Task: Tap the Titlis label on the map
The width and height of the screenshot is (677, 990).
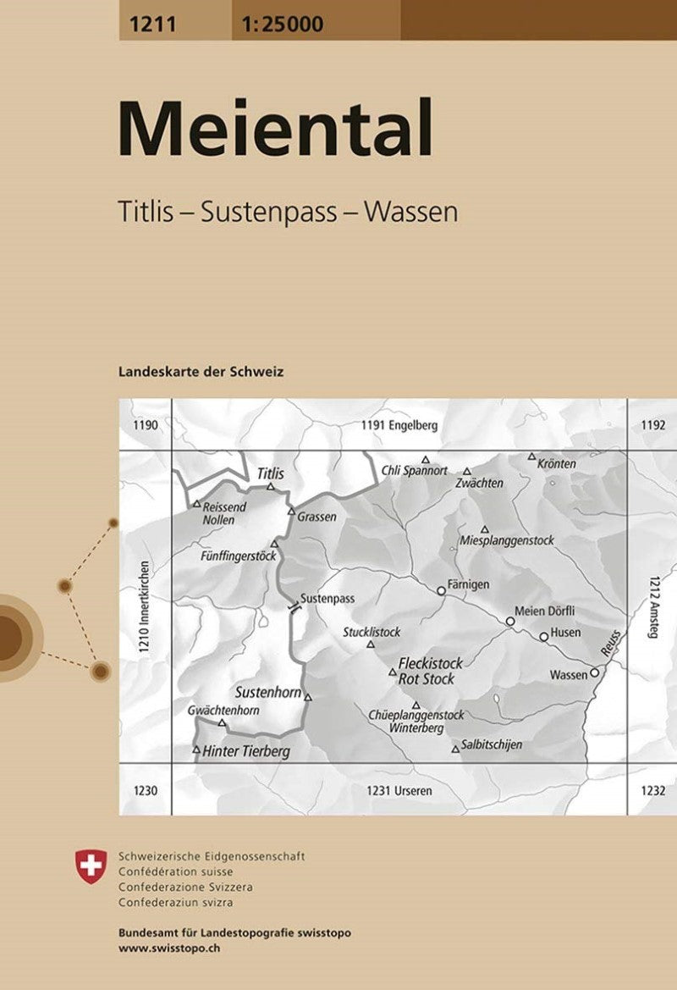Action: (x=270, y=474)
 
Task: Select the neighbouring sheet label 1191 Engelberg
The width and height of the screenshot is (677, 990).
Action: (x=399, y=426)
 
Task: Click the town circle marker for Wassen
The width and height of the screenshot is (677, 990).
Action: (x=595, y=672)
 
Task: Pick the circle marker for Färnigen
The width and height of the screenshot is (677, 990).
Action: (x=441, y=590)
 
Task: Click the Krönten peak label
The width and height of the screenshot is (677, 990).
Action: (x=557, y=464)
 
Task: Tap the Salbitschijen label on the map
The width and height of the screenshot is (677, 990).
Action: (x=492, y=745)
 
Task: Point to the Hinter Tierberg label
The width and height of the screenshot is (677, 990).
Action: (x=246, y=751)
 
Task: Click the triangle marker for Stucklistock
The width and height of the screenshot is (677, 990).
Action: (x=370, y=644)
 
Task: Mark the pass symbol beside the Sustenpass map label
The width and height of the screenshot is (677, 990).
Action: (x=294, y=607)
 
